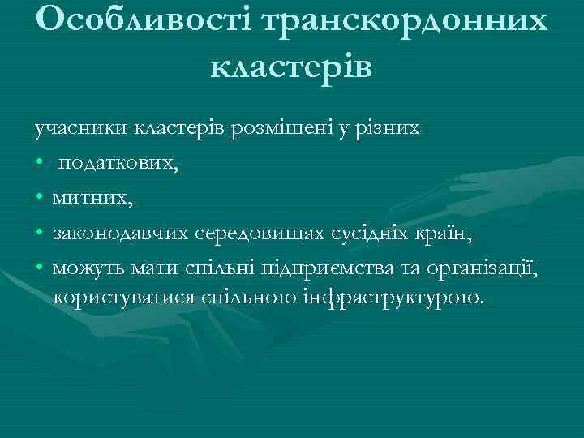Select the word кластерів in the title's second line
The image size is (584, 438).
pyautogui.click(x=291, y=65)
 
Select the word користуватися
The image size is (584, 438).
pyautogui.click(x=124, y=297)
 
